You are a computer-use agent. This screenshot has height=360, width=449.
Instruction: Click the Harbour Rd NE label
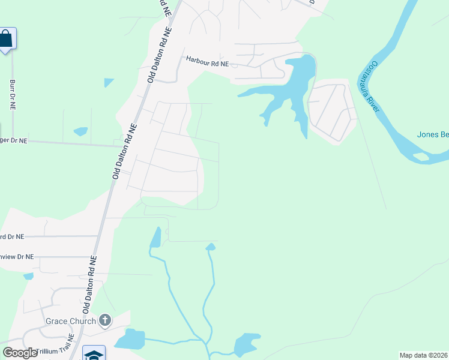(x=208, y=61)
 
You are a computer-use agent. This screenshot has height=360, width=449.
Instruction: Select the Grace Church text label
(x=71, y=321)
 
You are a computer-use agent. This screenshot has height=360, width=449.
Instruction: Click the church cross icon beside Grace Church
(x=105, y=320)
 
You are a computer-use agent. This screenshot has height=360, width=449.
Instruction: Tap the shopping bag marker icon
(x=5, y=40)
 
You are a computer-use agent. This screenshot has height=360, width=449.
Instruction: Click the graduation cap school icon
(x=94, y=354)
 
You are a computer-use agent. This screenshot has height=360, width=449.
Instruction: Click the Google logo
(x=20, y=353)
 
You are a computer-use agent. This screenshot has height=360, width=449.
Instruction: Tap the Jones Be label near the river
(x=433, y=134)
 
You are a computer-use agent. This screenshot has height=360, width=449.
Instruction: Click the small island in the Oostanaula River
(x=421, y=157)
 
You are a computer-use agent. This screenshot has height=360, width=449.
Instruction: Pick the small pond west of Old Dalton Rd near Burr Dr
(x=80, y=131)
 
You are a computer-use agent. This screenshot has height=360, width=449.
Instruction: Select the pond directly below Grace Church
(x=130, y=340)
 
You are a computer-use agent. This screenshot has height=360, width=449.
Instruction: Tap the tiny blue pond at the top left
(x=109, y=83)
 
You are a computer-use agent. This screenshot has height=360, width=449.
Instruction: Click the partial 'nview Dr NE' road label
(x=17, y=257)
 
